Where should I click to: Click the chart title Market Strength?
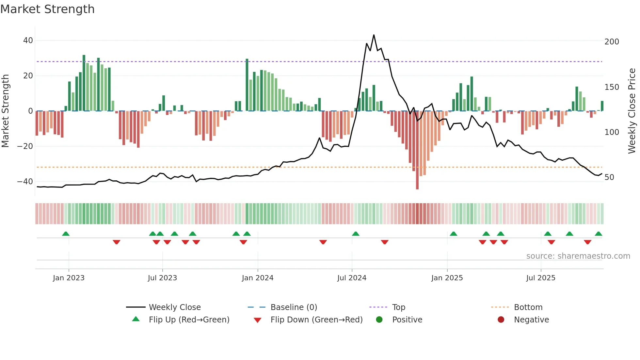point(47,9)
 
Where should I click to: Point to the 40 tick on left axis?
point(28,41)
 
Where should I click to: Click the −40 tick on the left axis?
point(25,182)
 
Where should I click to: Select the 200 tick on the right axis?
point(612,42)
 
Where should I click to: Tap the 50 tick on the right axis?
point(609,177)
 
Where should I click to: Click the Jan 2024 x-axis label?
point(257,278)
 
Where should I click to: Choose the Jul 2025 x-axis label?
point(540,278)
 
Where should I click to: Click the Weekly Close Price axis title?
point(632,111)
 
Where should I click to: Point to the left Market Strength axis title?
point(6,111)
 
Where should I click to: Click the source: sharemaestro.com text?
point(578,256)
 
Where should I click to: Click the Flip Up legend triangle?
point(136,319)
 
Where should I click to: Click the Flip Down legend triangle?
point(257,320)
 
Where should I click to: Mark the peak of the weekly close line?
point(374,35)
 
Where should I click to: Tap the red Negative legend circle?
point(501,320)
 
